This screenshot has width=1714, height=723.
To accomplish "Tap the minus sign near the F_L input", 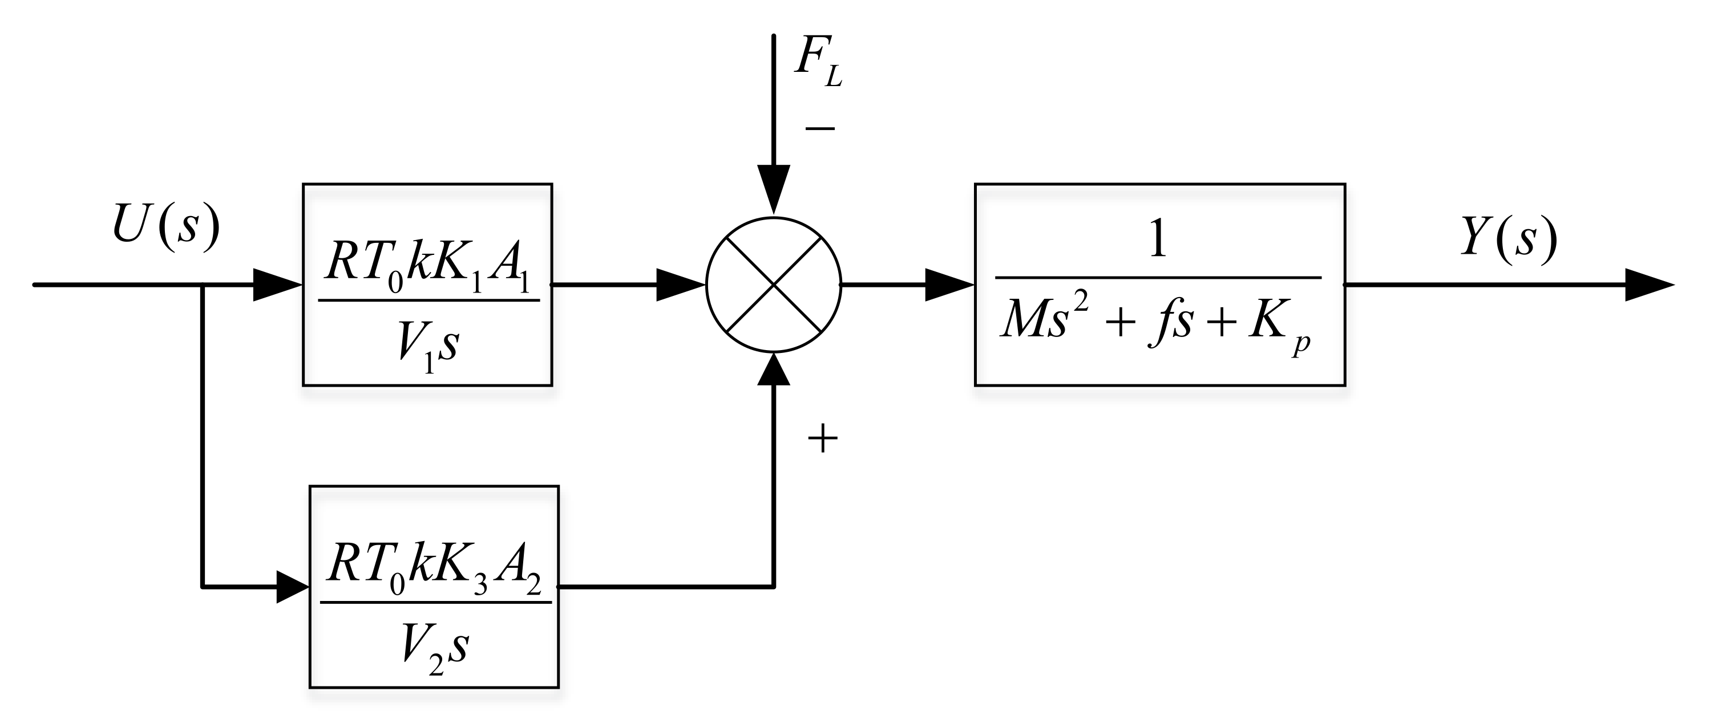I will (x=820, y=128).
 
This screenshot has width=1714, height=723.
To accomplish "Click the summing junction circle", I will (x=773, y=285).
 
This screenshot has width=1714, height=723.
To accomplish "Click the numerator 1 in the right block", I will (x=1158, y=239).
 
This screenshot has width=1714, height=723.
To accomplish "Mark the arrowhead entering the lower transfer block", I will (x=292, y=587).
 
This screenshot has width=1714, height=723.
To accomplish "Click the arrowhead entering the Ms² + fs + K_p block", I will (x=949, y=285).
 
